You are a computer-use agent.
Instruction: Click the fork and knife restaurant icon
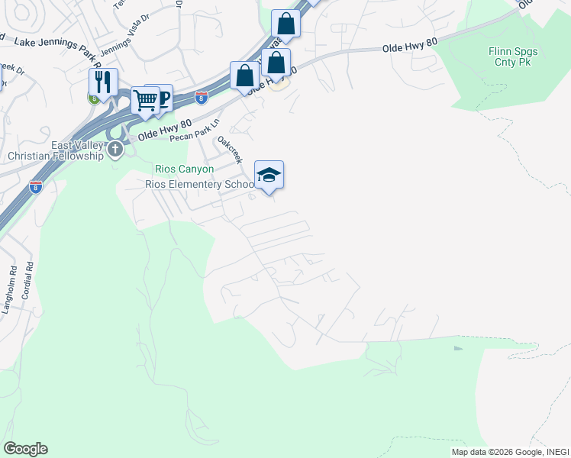(x=102, y=82)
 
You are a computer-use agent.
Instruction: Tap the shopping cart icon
(x=144, y=100)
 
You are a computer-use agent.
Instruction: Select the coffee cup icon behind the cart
(x=162, y=96)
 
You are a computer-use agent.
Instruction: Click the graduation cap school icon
(x=269, y=176)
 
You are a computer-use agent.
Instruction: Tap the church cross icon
(x=115, y=149)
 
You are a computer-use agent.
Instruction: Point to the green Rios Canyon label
(x=184, y=169)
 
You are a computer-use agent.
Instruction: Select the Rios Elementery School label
(x=199, y=184)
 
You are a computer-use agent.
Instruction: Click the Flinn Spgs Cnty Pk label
(x=513, y=56)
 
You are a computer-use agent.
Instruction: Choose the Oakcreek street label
(x=230, y=150)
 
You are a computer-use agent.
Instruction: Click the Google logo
(x=25, y=449)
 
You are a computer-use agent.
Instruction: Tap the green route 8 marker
(x=93, y=98)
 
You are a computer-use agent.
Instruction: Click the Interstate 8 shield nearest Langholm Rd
(x=36, y=185)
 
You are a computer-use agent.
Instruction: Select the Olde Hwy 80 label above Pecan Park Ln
(x=160, y=134)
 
